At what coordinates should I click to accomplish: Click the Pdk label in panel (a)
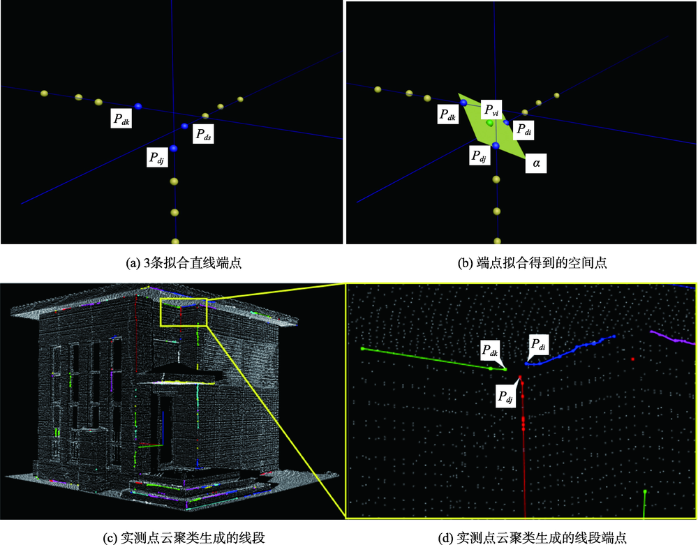[121, 119]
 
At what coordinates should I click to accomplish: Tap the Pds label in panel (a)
[203, 133]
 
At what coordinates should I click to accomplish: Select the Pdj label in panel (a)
[157, 157]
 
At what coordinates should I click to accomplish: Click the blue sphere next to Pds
[185, 126]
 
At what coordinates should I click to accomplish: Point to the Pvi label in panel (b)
[491, 110]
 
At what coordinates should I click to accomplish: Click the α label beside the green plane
[536, 163]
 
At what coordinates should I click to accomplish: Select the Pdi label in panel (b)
[523, 130]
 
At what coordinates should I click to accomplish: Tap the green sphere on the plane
[490, 123]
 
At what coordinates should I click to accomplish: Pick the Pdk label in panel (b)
[448, 114]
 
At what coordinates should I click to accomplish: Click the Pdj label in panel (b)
[480, 156]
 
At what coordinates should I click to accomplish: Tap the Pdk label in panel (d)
[490, 350]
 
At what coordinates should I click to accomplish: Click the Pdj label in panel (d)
[505, 397]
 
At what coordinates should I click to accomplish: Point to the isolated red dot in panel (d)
[632, 359]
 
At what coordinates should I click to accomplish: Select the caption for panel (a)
[184, 263]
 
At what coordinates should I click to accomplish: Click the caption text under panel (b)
[533, 263]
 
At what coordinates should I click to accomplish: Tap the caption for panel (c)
[184, 537]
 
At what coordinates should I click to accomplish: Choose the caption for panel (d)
[533, 537]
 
